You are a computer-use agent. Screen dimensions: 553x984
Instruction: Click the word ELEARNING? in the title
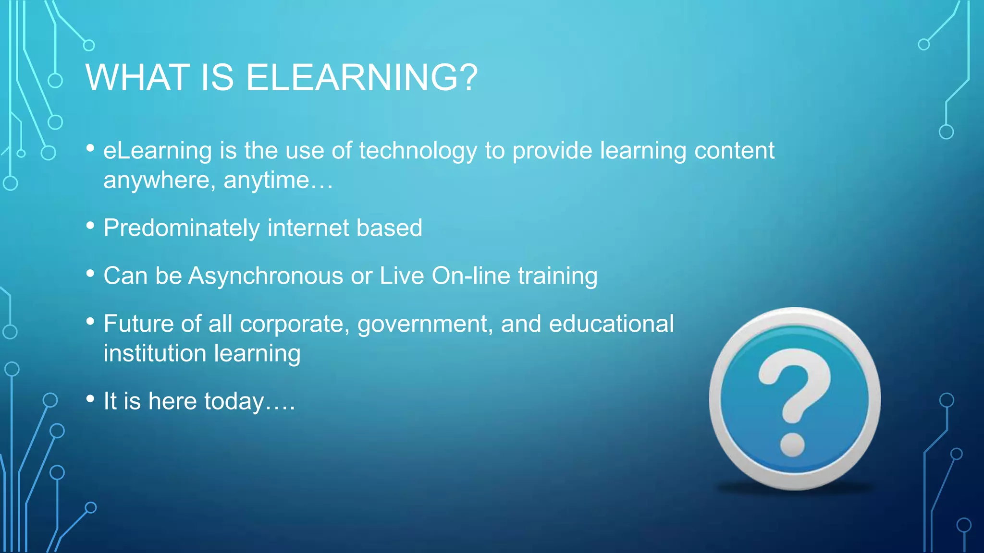point(361,78)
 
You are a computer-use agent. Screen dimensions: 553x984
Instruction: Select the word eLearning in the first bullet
point(158,151)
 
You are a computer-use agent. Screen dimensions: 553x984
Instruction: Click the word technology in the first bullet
point(418,151)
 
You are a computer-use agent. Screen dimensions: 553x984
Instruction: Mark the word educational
point(611,324)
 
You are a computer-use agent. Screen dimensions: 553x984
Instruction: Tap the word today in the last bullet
point(234,402)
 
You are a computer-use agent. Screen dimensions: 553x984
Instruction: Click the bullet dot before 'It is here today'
point(90,398)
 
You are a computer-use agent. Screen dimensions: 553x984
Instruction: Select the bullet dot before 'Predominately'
point(90,225)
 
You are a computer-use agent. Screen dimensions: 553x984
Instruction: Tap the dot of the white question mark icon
point(793,445)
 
